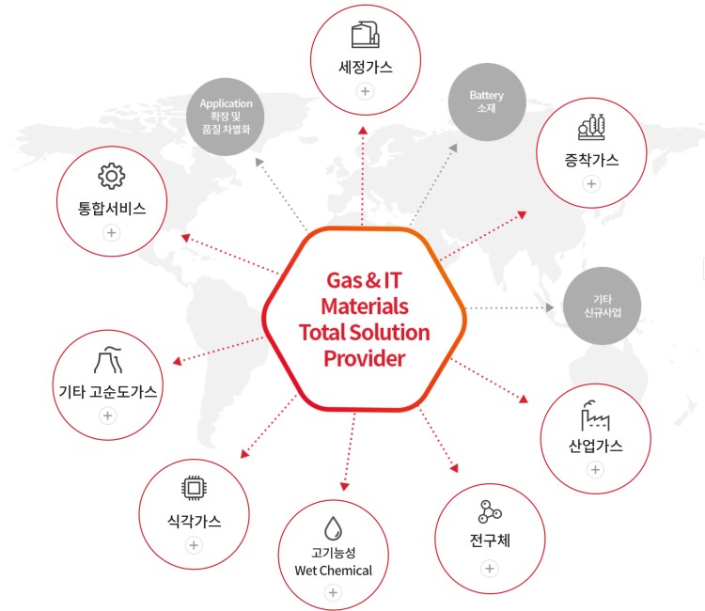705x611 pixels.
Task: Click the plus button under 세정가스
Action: pos(365,91)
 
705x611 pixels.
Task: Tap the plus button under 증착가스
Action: pos(591,183)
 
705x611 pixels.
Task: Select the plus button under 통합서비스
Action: pos(111,232)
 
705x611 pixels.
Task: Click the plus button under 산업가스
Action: pos(595,469)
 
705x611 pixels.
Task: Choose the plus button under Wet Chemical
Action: pos(332,592)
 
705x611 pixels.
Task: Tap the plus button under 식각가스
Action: pos(194,545)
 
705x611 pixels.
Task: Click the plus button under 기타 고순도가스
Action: pos(108,415)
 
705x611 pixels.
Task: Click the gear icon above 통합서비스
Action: pos(111,176)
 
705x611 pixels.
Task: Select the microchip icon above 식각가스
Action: pos(194,487)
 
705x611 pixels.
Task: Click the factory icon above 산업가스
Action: pos(595,414)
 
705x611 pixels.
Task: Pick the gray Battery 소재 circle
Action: pos(486,102)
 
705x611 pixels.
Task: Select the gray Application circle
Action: pos(226,116)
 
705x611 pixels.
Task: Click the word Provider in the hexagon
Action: pos(364,358)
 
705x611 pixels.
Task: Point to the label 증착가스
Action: pos(591,159)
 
